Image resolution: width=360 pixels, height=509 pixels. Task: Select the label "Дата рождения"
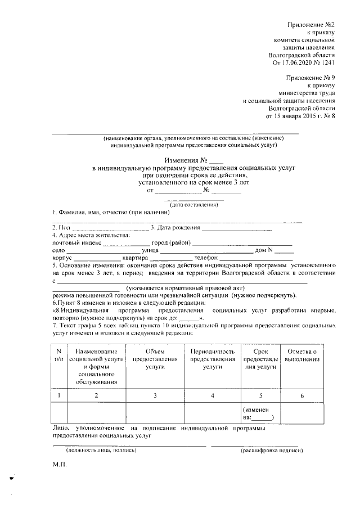tap(179, 227)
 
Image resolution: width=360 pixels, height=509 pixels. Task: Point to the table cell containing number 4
tap(212, 396)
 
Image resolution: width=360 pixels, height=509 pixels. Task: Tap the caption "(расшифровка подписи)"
tap(272, 451)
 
